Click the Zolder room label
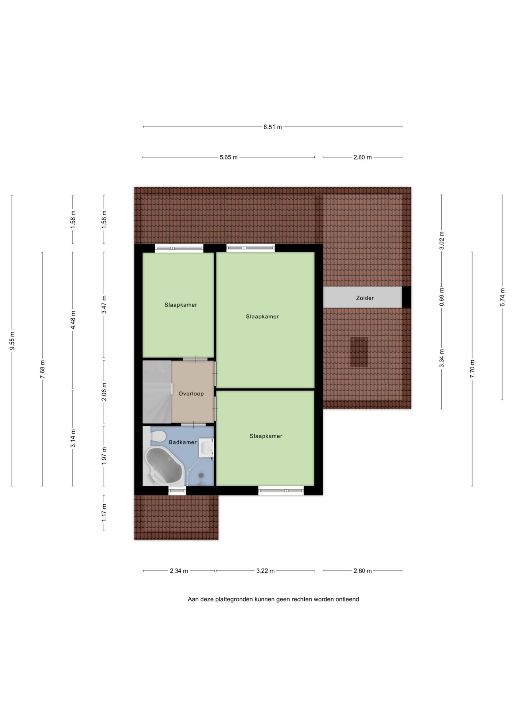(365, 298)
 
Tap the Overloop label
(191, 394)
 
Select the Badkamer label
(182, 442)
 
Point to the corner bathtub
(163, 465)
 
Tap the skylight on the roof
(359, 352)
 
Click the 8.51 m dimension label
(273, 127)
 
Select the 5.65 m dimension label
(229, 157)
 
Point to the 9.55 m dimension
(12, 340)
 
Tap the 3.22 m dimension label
(266, 571)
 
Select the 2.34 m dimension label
(179, 571)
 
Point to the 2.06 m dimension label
(104, 392)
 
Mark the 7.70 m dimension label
(472, 369)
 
